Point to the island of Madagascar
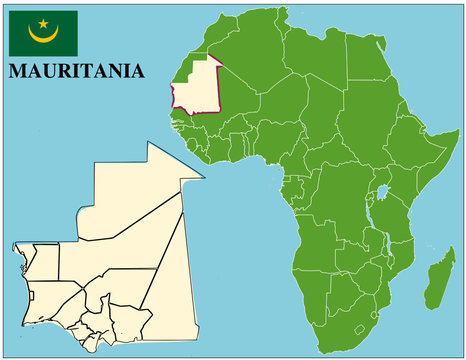tap(436, 281)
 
